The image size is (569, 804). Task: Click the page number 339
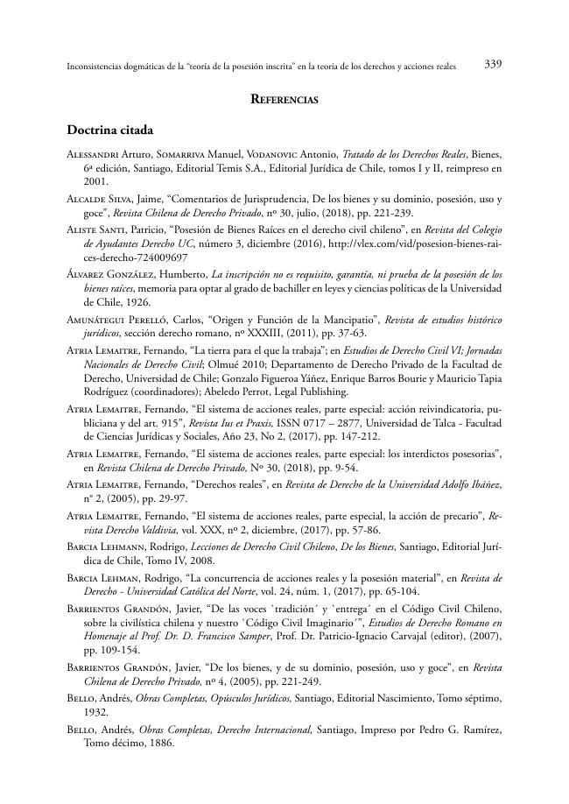(492, 65)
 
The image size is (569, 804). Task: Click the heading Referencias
(284, 100)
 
